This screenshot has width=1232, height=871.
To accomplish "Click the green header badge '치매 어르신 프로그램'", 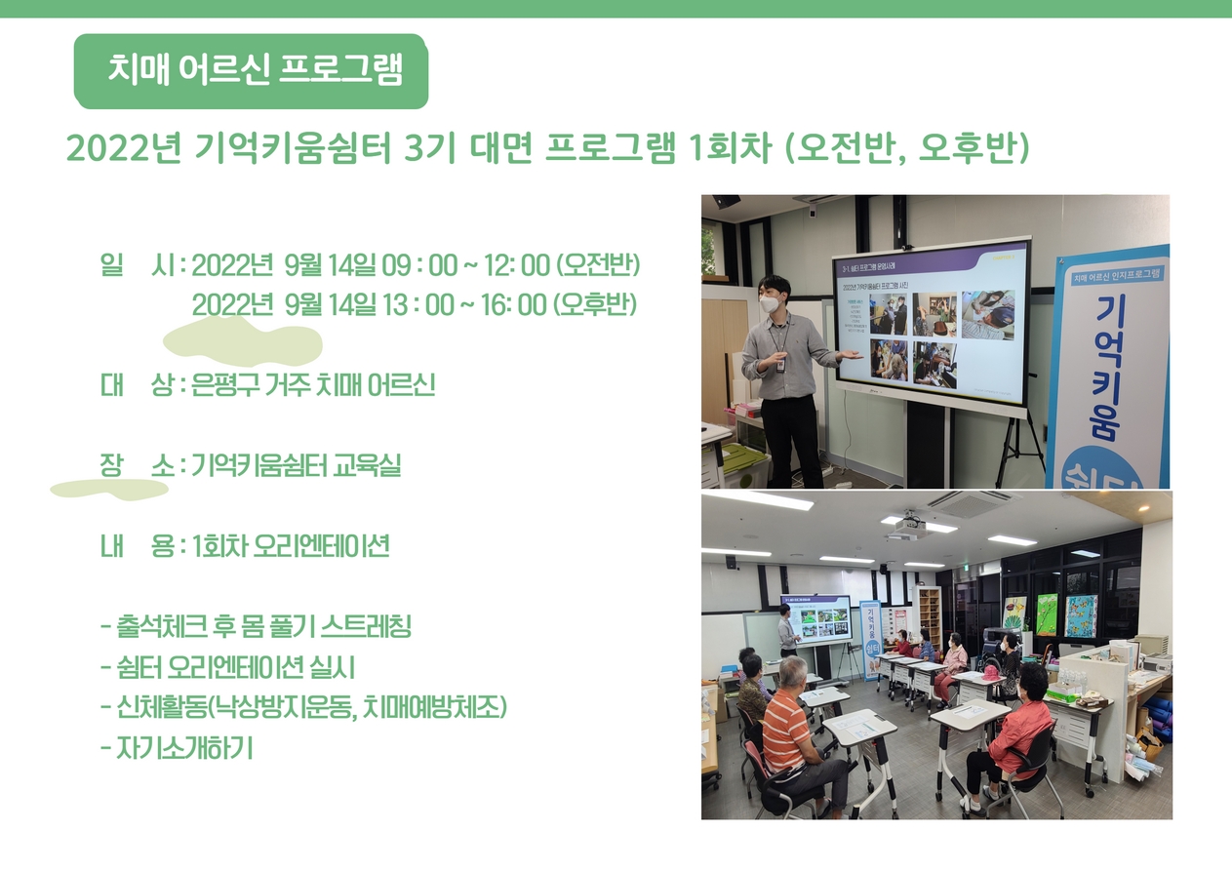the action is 251,71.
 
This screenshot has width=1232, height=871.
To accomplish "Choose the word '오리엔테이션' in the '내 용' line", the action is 321,546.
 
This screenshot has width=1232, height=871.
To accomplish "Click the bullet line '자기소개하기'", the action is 178,748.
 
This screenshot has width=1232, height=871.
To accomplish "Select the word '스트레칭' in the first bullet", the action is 365,626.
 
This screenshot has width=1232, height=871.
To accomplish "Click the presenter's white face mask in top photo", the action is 770,303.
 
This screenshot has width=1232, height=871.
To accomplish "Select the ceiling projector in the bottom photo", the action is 911,526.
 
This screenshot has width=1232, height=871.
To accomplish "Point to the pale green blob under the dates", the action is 243,342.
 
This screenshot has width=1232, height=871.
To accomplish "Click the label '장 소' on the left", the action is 138,466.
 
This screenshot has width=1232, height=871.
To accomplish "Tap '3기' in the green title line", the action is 429,148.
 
